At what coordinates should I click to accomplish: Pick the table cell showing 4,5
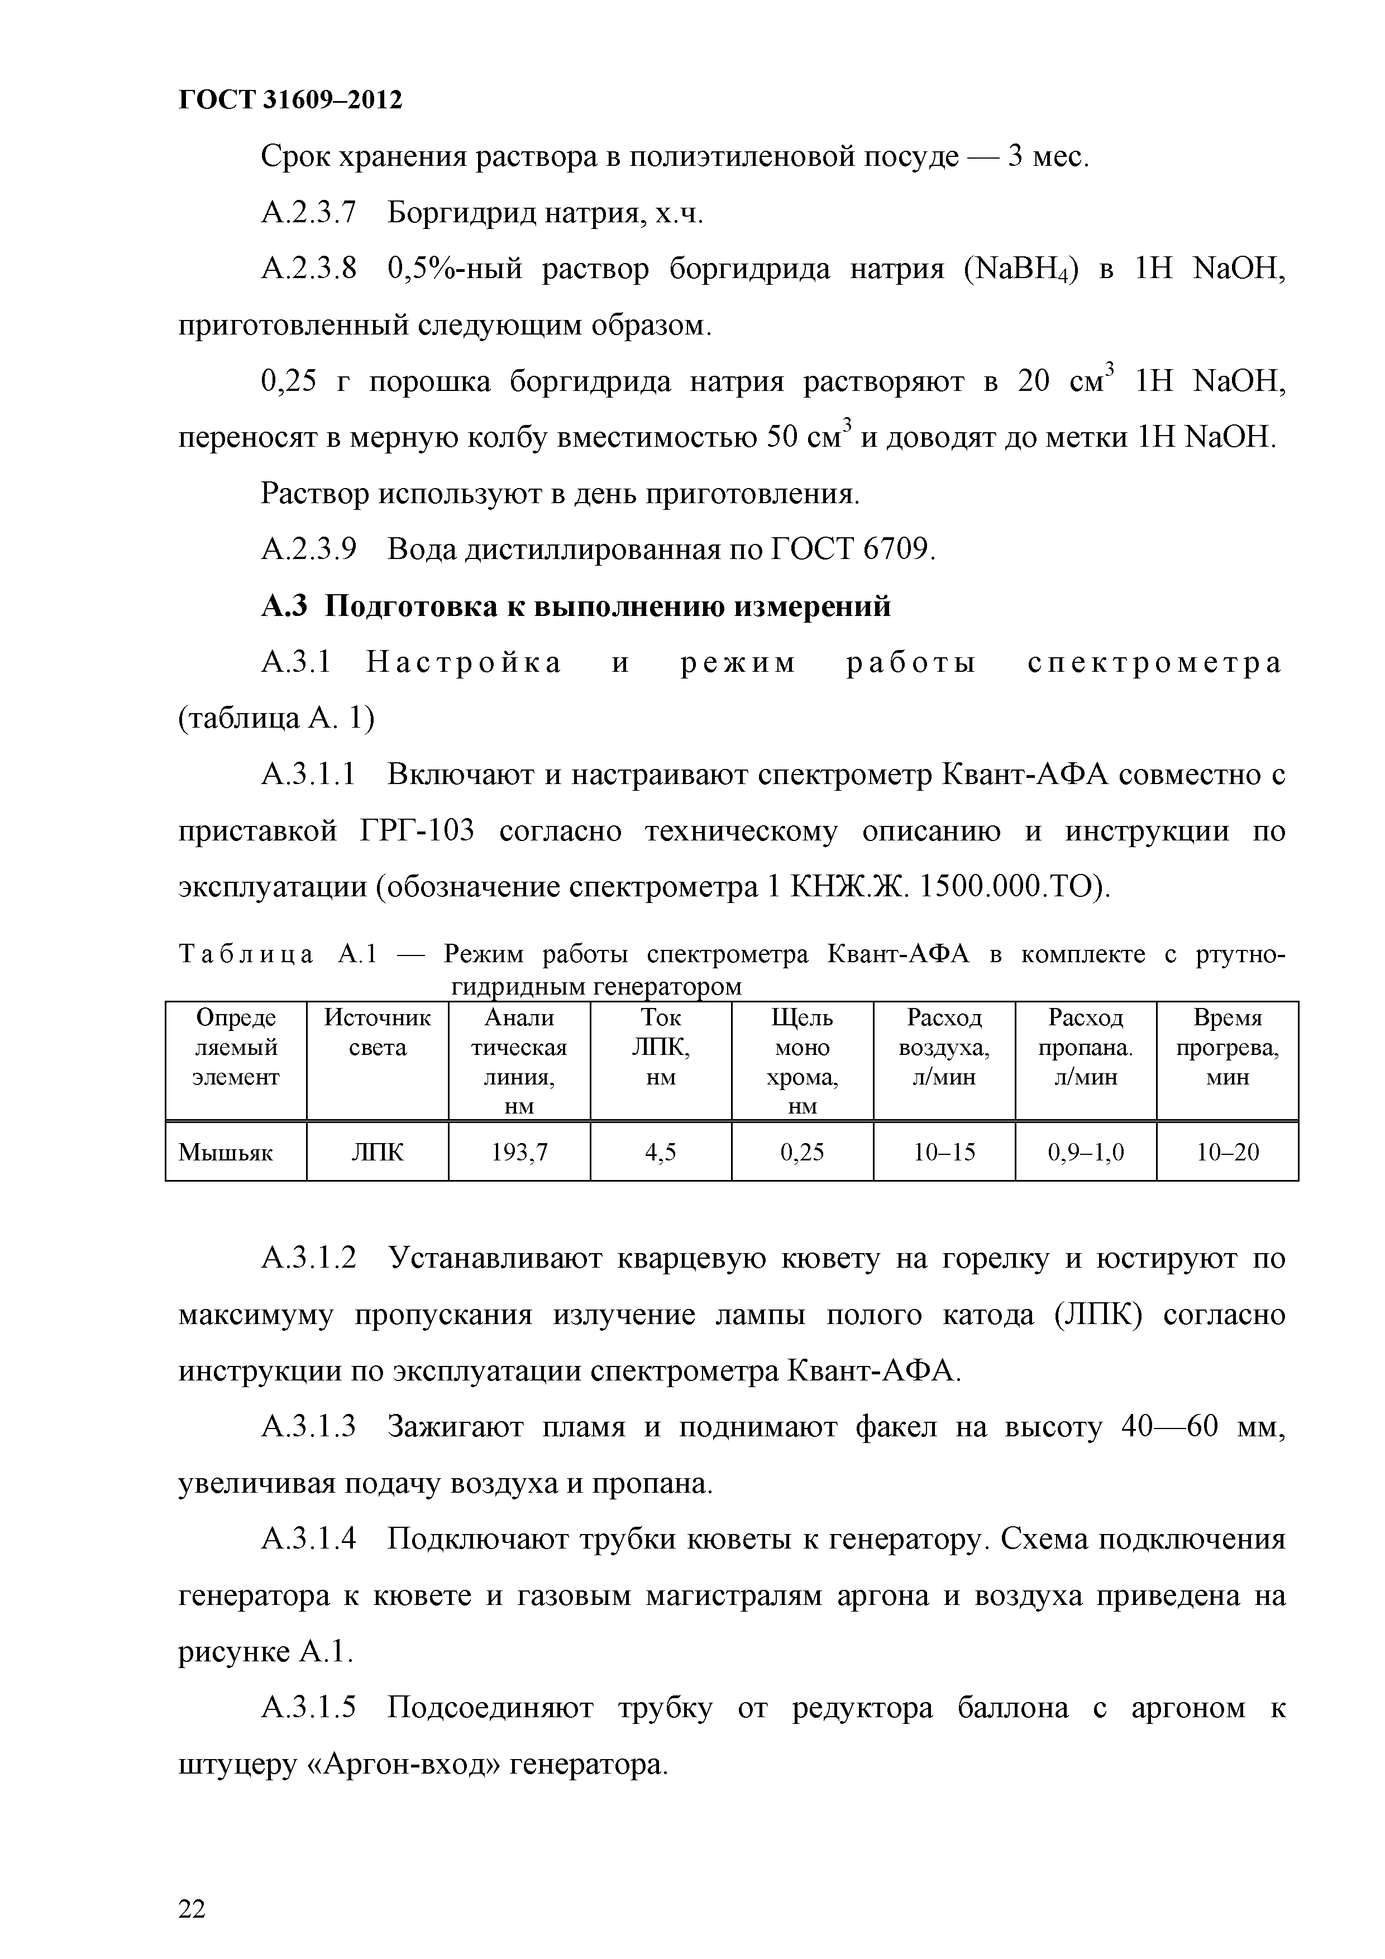click(x=661, y=1153)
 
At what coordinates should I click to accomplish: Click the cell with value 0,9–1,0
click(x=1086, y=1153)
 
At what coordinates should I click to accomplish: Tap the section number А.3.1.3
click(x=308, y=1427)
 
